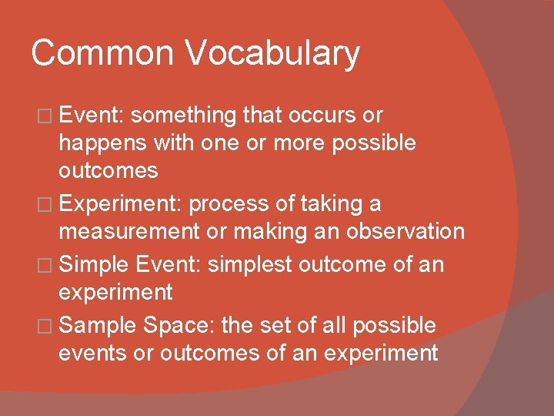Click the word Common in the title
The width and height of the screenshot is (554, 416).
[x=102, y=54]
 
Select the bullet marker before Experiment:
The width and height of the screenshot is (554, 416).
[x=49, y=205]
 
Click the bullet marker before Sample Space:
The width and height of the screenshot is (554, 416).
[x=49, y=326]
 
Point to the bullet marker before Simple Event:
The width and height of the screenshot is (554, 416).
[x=49, y=265]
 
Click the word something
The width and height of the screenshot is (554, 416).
[x=185, y=116]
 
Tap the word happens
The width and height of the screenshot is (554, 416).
[x=105, y=144]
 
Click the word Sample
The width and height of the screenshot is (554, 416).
[x=98, y=327]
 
